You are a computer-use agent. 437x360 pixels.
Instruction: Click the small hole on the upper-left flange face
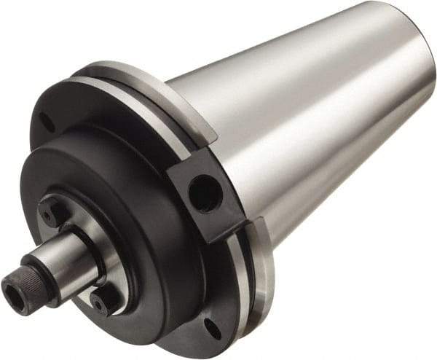coord(47,120)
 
